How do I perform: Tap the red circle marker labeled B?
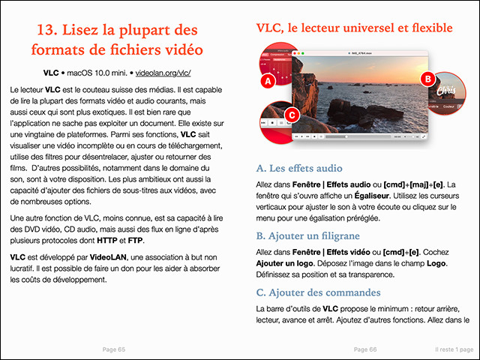pyautogui.click(x=427, y=78)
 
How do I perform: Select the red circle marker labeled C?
pyautogui.click(x=293, y=115)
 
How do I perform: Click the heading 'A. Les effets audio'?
pyautogui.click(x=299, y=168)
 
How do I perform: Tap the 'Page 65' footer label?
pyautogui.click(x=113, y=349)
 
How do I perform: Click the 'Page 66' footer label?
pyautogui.click(x=365, y=349)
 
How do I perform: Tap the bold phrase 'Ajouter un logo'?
pyautogui.click(x=289, y=264)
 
